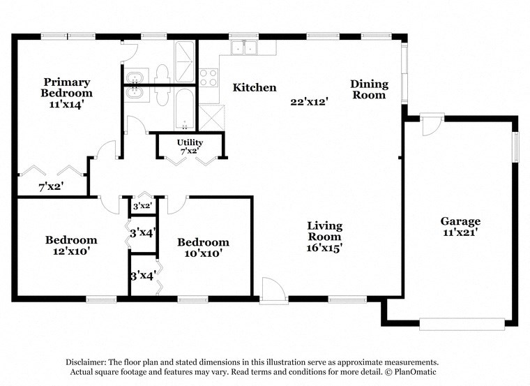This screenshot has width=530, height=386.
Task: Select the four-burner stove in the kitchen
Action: (x=209, y=77)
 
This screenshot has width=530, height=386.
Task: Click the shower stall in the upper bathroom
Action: (x=185, y=54)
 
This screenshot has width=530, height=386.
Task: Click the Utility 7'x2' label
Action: (x=190, y=147)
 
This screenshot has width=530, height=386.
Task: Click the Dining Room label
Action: (x=368, y=89)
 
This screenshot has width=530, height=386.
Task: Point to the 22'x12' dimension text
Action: (x=310, y=101)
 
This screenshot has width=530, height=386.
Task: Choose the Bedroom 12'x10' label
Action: (x=71, y=245)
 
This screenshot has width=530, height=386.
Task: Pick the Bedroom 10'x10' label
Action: (x=202, y=248)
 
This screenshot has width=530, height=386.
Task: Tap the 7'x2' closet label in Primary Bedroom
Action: (x=52, y=187)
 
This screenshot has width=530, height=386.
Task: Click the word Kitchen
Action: (x=255, y=88)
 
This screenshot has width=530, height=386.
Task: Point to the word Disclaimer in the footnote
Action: (x=89, y=362)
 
